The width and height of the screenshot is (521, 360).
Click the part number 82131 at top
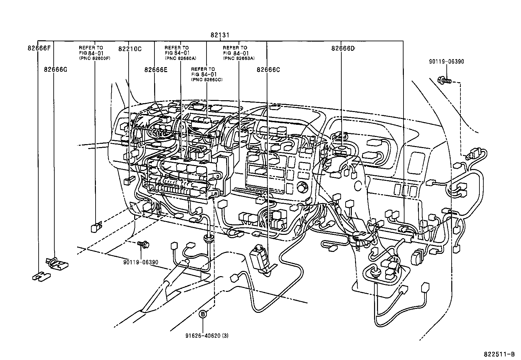click(x=220, y=35)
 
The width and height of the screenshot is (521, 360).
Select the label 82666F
click(x=39, y=48)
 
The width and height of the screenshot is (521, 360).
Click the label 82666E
click(x=155, y=69)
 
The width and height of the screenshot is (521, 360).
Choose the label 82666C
click(x=268, y=69)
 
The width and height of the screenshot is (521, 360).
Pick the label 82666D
click(x=343, y=48)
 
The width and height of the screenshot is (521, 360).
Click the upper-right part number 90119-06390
click(x=446, y=62)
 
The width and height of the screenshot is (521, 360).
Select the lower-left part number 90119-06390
click(x=141, y=262)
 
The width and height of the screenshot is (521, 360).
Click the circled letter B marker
click(x=203, y=314)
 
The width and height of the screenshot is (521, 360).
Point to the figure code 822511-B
click(x=499, y=354)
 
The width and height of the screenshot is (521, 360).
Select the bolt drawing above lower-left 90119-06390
click(x=143, y=243)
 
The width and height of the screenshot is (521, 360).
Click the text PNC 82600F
click(x=95, y=58)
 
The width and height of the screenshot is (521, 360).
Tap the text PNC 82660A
click(x=180, y=58)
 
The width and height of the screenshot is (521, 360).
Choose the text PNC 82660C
click(x=207, y=80)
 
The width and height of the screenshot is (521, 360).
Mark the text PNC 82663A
click(x=239, y=58)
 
